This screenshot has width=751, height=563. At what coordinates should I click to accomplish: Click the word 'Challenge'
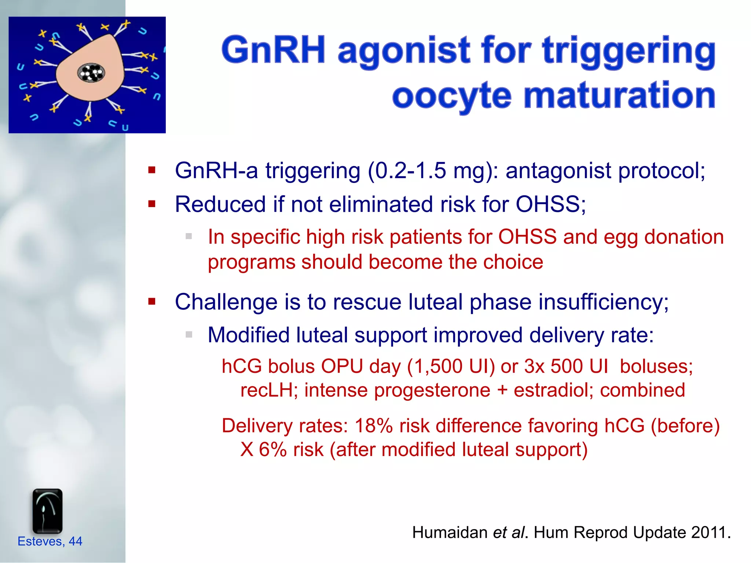[x=226, y=302]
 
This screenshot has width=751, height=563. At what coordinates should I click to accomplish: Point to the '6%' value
[x=272, y=450]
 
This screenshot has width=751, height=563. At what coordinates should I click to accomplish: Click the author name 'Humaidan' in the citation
[x=449, y=532]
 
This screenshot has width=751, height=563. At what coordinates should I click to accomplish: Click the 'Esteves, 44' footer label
[x=50, y=541]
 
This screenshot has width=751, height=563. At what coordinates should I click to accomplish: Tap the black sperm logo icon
[x=47, y=511]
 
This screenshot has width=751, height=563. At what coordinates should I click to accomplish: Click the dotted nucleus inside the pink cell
[x=91, y=73]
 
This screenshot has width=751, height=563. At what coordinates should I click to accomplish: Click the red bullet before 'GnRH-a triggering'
[x=152, y=170]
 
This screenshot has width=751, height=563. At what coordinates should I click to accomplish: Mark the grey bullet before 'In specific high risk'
[x=189, y=236]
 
